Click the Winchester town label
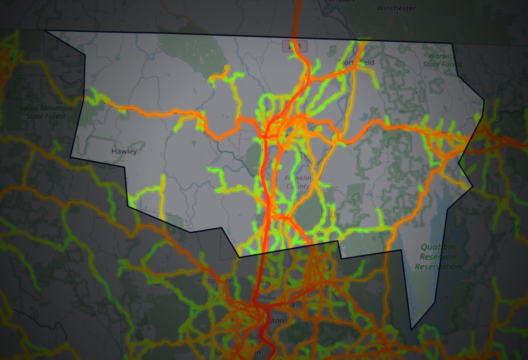(396, 8)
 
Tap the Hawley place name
(124, 151)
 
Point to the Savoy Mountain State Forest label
(43, 112)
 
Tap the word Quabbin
(437, 247)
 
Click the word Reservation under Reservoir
(438, 266)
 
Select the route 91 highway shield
(295, 46)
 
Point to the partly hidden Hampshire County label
(207, 284)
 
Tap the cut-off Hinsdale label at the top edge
(338, 1)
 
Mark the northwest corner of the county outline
(44, 30)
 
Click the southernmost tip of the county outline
(411, 330)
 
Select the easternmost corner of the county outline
(484, 100)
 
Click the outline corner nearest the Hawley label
(125, 167)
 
